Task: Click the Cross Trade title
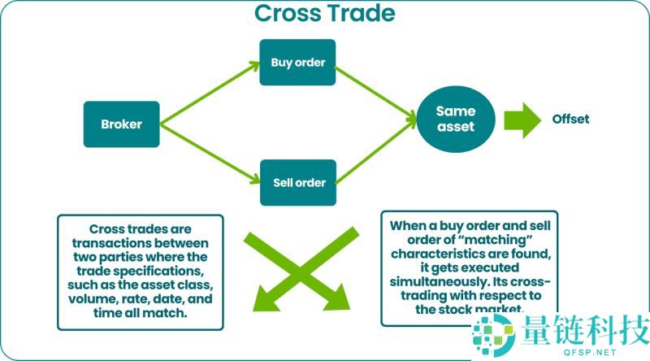(x=324, y=14)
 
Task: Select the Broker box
(x=121, y=124)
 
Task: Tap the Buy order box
(x=297, y=62)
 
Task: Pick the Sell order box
(x=297, y=182)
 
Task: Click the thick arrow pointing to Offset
(x=522, y=120)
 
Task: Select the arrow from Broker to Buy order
(x=209, y=92)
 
